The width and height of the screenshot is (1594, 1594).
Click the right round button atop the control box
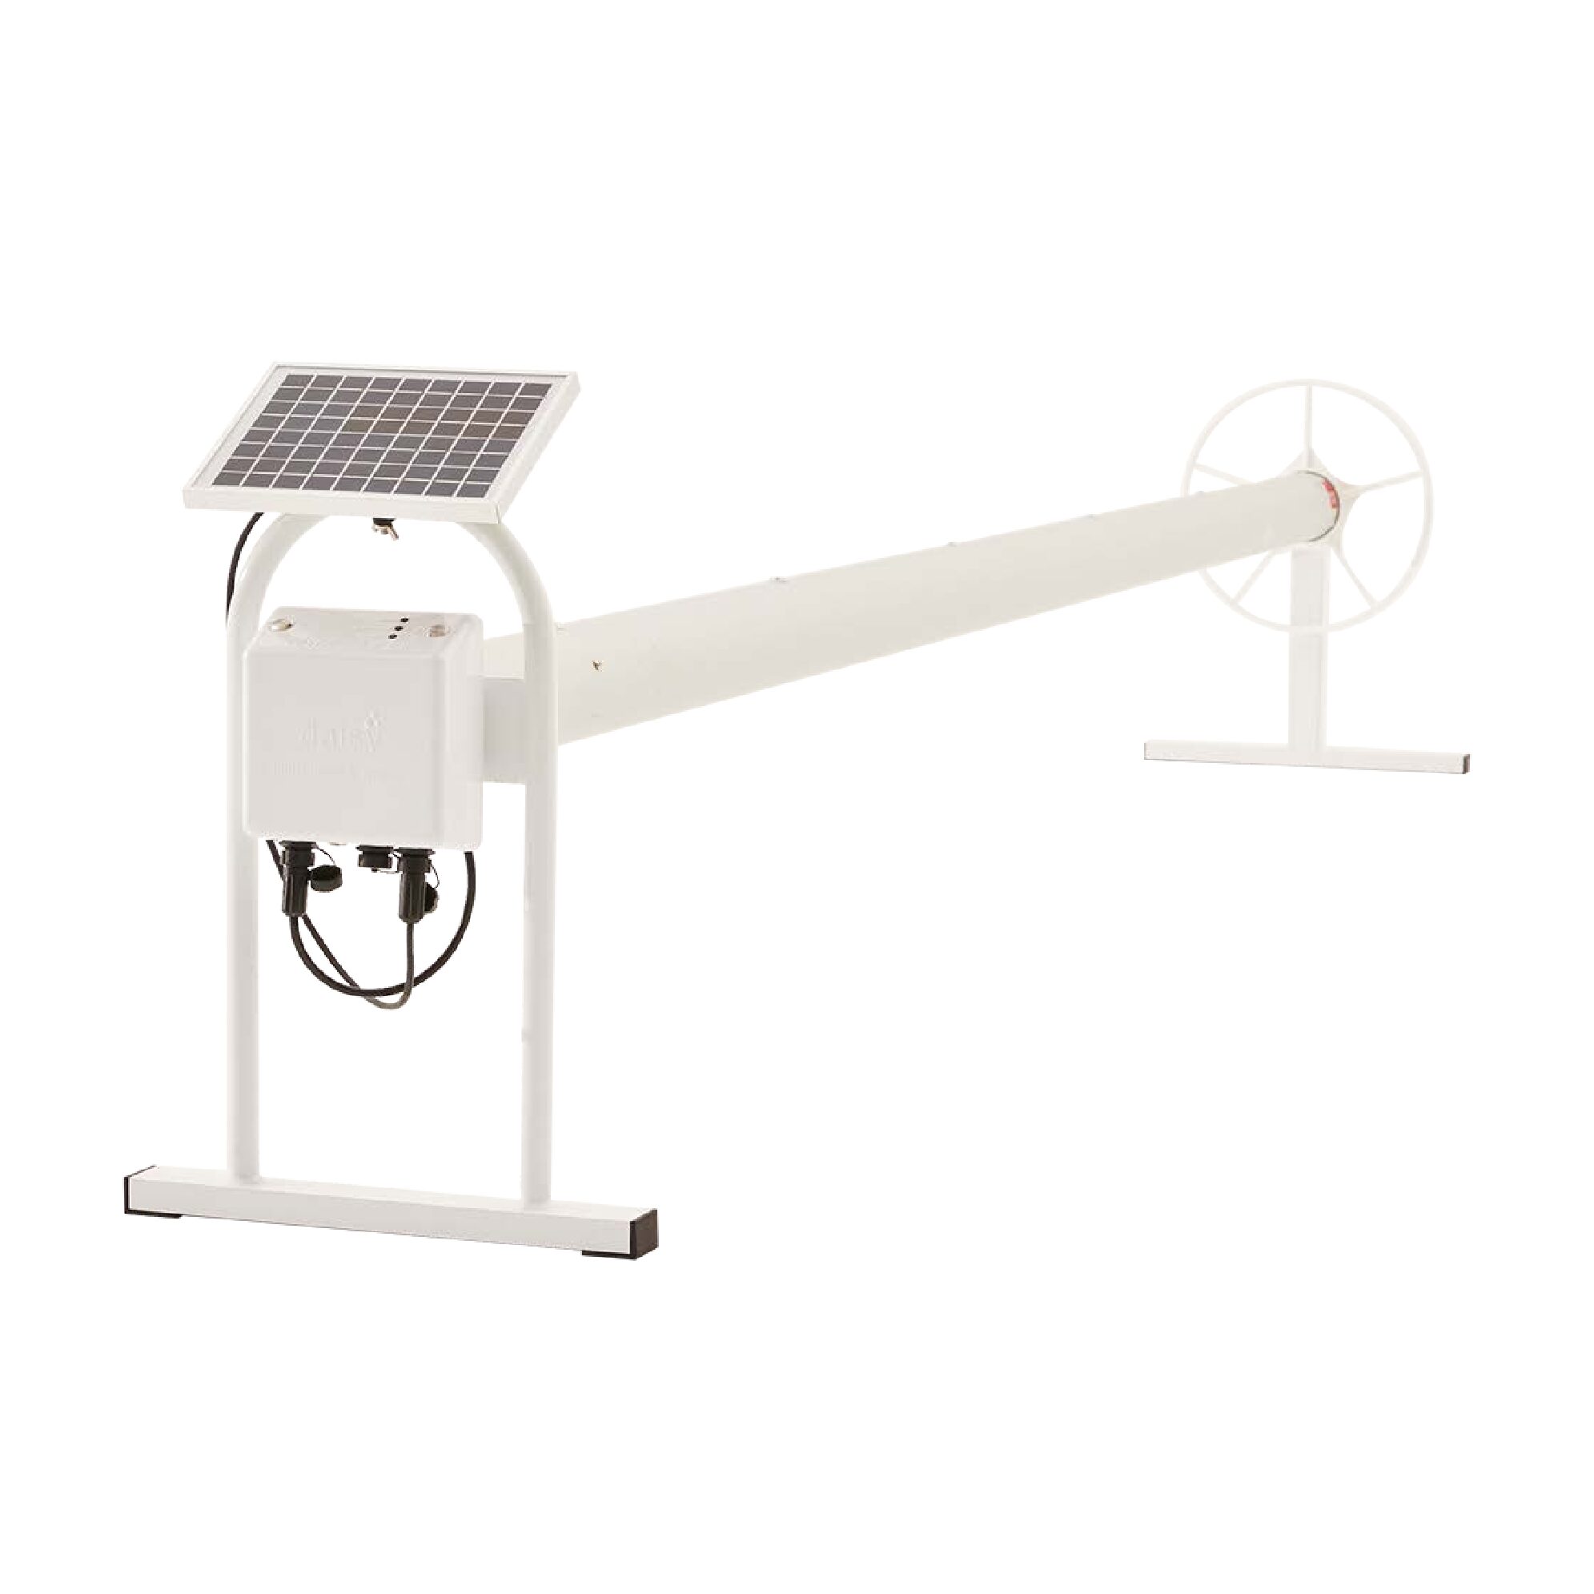435,632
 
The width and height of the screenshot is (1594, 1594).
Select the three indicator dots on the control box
398,627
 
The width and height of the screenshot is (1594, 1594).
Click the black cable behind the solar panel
236,577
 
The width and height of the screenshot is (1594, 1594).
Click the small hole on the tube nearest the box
595,660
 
